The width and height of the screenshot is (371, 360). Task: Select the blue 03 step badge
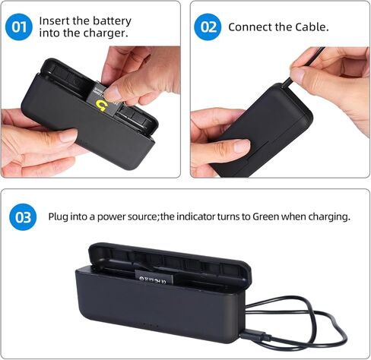pos(24,217)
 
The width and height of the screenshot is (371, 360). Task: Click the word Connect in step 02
pos(249,27)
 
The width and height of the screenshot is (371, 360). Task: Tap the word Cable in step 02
pos(312,27)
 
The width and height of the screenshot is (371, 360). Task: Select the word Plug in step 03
pos(59,216)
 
